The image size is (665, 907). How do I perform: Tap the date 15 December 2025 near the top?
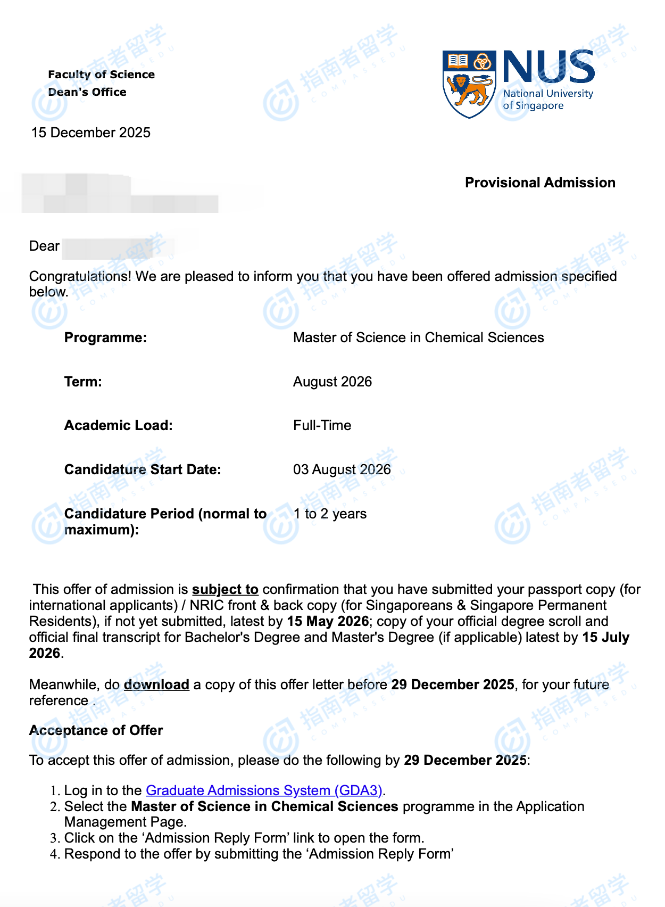click(x=91, y=133)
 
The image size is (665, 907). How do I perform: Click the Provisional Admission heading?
click(x=540, y=183)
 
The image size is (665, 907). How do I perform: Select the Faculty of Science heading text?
click(x=101, y=75)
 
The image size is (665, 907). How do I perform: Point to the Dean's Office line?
click(x=87, y=92)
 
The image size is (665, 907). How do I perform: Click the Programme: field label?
click(x=105, y=337)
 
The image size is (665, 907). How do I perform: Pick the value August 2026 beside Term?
click(x=332, y=382)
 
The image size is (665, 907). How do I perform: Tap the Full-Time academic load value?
click(x=322, y=425)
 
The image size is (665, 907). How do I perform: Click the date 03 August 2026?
click(x=342, y=469)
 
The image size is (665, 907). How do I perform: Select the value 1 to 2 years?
click(x=330, y=514)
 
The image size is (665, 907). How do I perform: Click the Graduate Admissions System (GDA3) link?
click(x=264, y=790)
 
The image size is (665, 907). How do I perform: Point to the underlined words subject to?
click(x=225, y=589)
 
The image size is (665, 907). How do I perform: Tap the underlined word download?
click(x=156, y=685)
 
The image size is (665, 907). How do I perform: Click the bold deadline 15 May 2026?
click(x=328, y=621)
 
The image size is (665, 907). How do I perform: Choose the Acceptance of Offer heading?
click(x=96, y=730)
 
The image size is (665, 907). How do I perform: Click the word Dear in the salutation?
click(x=44, y=246)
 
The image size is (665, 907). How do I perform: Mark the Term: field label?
click(x=83, y=382)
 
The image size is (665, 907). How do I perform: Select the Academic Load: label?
click(x=119, y=425)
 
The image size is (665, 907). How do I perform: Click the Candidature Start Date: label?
click(x=143, y=469)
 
